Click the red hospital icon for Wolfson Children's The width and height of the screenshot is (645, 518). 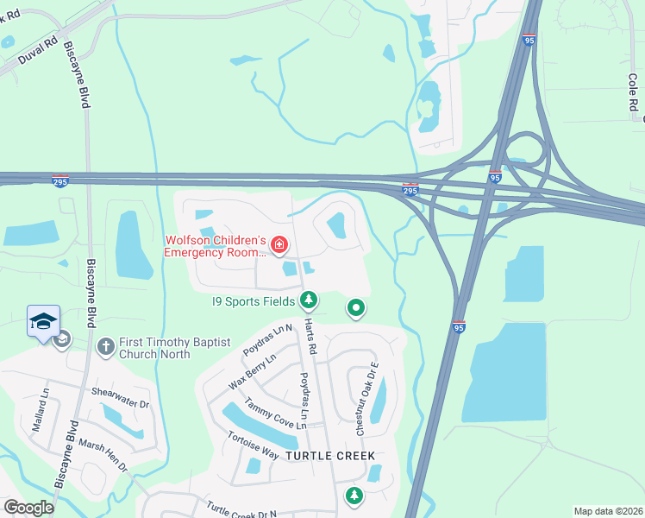[x=279, y=246]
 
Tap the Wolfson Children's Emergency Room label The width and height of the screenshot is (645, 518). [x=216, y=246]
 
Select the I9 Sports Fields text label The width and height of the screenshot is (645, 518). [x=254, y=301]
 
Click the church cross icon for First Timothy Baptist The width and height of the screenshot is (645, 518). [x=106, y=346]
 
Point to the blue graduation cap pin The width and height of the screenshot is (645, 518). [x=43, y=322]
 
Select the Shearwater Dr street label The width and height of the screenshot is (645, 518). [x=120, y=397]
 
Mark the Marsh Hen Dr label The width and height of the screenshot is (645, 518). [x=103, y=454]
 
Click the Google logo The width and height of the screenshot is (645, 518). [x=28, y=508]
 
